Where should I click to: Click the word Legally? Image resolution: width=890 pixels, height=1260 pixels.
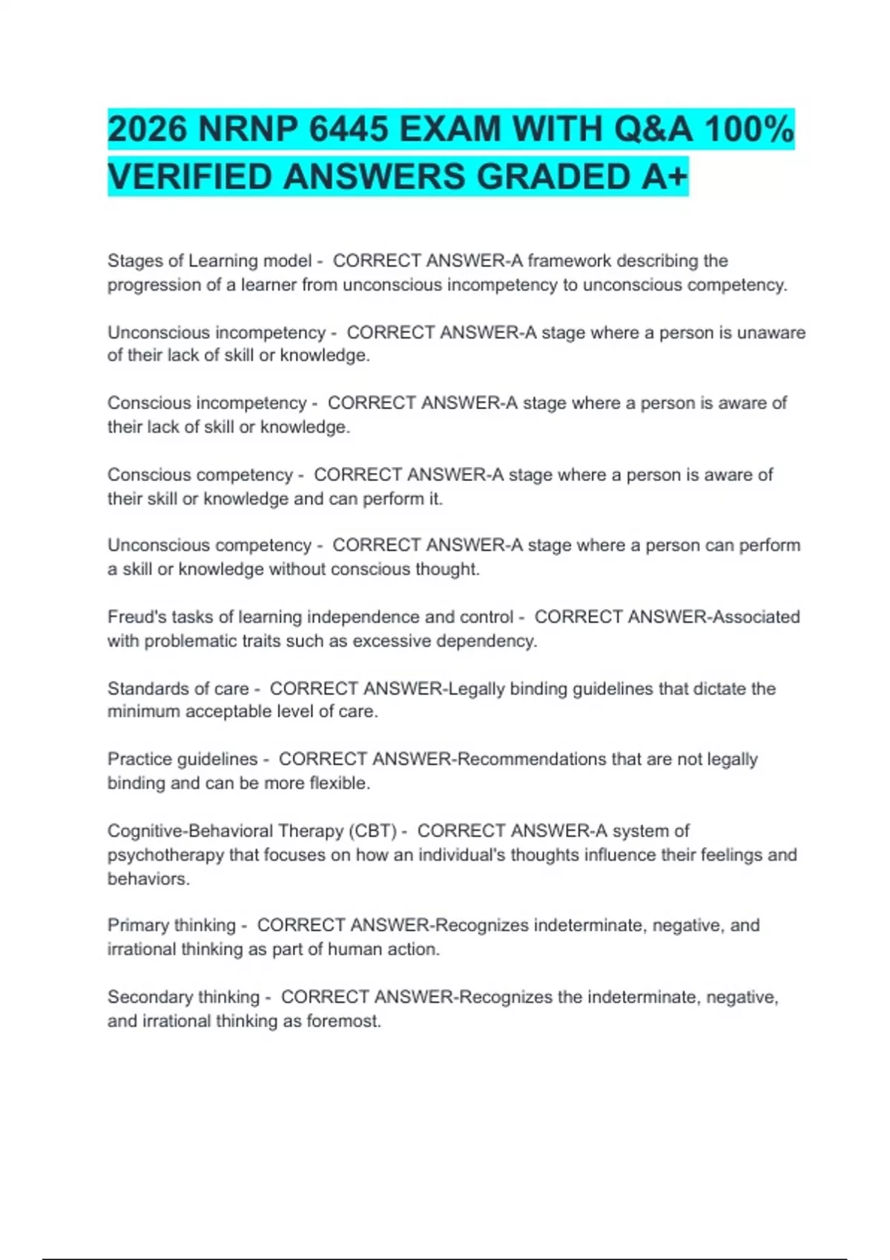[x=478, y=689]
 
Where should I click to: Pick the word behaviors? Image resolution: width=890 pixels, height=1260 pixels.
[x=148, y=878]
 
